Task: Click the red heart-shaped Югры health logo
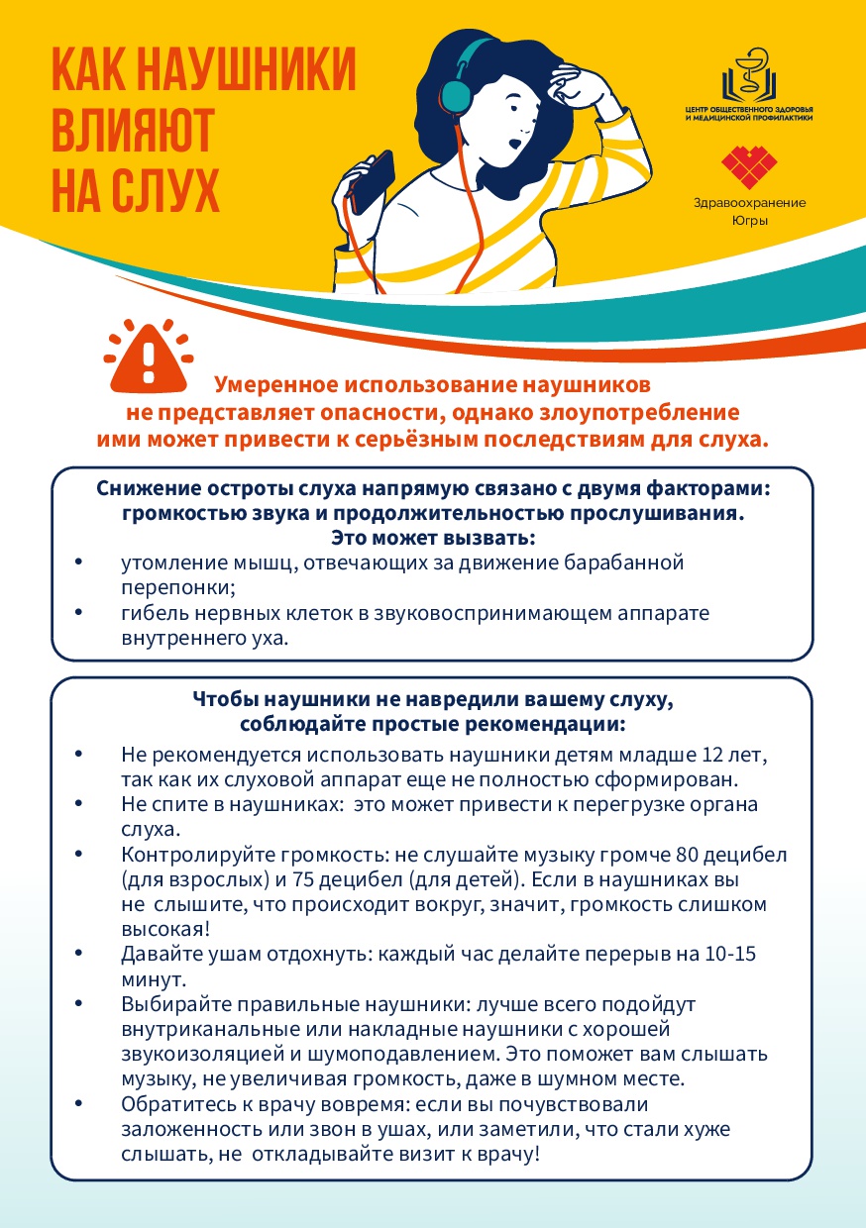pyautogui.click(x=748, y=166)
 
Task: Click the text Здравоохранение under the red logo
pyautogui.click(x=749, y=203)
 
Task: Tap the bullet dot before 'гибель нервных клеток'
pyautogui.click(x=78, y=614)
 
